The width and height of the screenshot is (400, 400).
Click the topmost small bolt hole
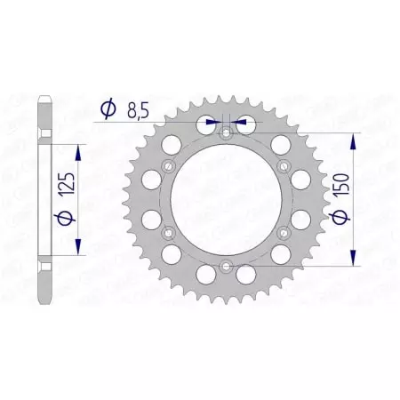pos(227,133)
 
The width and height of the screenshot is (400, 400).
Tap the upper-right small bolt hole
pos(284,166)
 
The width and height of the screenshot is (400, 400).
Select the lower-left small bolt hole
pos(170,232)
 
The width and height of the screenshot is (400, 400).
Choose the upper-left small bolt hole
pos(170,166)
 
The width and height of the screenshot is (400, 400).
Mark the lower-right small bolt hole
pos(284,232)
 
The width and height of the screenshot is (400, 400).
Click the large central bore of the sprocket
pos(227,199)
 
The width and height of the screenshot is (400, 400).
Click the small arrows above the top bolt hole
pos(226,122)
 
